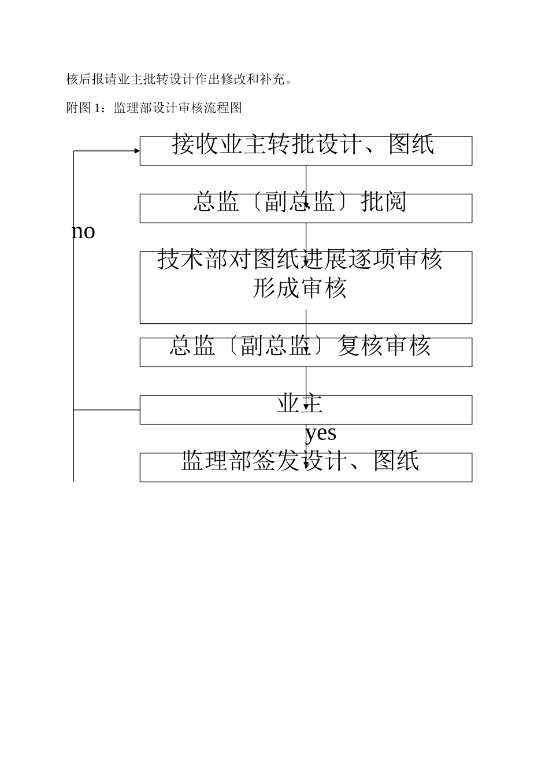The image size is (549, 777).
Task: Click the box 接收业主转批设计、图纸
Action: (306, 151)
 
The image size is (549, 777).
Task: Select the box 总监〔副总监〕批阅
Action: (306, 208)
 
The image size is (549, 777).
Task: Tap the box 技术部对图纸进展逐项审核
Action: (306, 287)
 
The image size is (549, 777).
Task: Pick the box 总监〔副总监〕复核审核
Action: (306, 352)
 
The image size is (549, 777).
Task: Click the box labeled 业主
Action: (306, 410)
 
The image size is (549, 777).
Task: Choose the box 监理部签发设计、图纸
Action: (306, 467)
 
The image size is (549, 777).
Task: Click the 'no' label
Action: (83, 232)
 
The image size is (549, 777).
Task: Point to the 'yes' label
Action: (321, 432)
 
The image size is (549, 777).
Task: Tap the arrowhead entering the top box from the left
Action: (137, 151)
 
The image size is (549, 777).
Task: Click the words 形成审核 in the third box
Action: (299, 288)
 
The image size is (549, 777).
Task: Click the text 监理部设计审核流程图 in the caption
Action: (178, 108)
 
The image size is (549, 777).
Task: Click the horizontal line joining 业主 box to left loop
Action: (107, 410)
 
